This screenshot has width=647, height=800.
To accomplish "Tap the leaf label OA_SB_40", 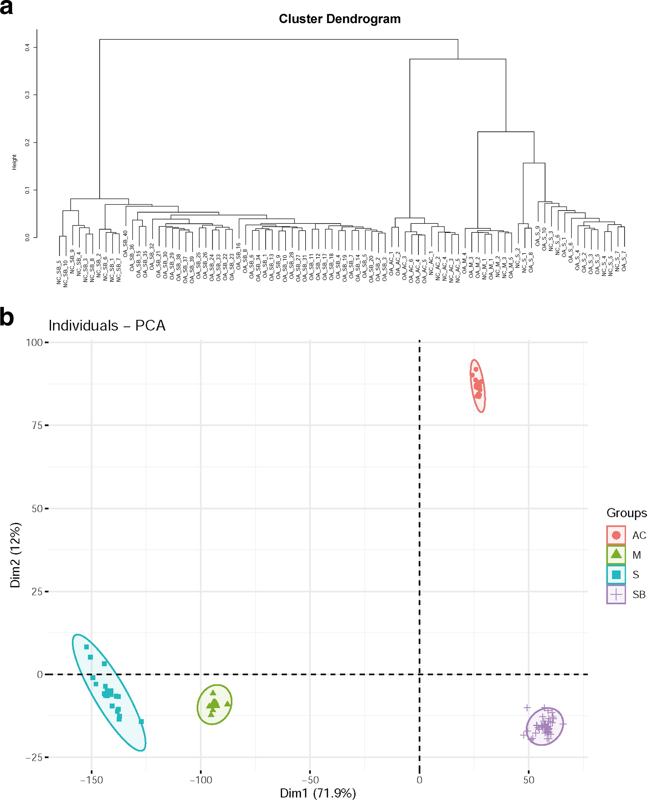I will click(x=126, y=243).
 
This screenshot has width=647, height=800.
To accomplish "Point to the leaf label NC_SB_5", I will click(x=59, y=272).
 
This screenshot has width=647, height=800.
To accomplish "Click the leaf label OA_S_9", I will click(x=538, y=236).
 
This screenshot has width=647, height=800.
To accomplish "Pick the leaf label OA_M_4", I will click(x=464, y=263).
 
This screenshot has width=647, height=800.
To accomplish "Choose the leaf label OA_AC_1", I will click(x=391, y=263).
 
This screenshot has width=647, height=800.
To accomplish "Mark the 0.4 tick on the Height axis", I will click(x=27, y=47).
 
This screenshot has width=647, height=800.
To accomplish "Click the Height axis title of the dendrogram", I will click(x=14, y=162).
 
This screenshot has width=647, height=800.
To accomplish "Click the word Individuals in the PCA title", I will click(x=83, y=326).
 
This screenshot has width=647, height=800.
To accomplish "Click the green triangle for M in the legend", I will click(x=616, y=554).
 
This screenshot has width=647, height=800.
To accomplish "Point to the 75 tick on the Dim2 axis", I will click(x=37, y=425).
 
